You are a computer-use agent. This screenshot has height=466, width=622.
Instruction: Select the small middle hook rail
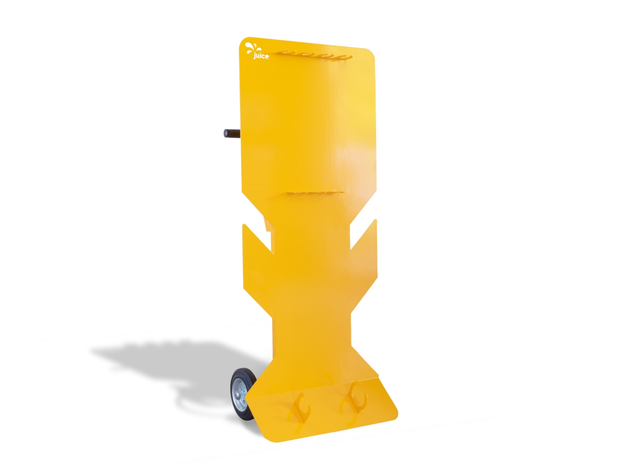click(315, 193)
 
